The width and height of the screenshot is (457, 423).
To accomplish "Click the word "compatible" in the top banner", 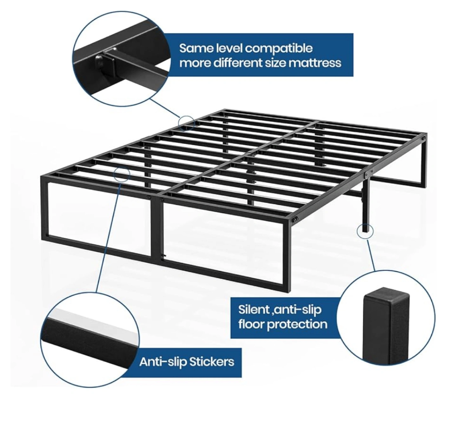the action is click(x=279, y=49).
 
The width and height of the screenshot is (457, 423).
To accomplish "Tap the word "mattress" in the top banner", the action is click(x=311, y=63).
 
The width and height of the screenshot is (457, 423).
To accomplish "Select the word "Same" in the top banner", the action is click(x=197, y=49).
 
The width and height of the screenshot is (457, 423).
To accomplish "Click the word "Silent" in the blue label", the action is click(x=254, y=310).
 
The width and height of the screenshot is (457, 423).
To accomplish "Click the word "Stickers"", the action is click(x=211, y=368).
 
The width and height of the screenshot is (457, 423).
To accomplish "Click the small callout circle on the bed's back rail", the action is click(x=186, y=123).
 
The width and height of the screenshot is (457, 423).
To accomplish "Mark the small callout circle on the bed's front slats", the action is click(x=122, y=175).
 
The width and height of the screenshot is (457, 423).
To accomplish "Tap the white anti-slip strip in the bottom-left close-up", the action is click(x=92, y=322).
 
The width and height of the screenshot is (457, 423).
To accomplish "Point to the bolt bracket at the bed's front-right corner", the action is click(x=295, y=219).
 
